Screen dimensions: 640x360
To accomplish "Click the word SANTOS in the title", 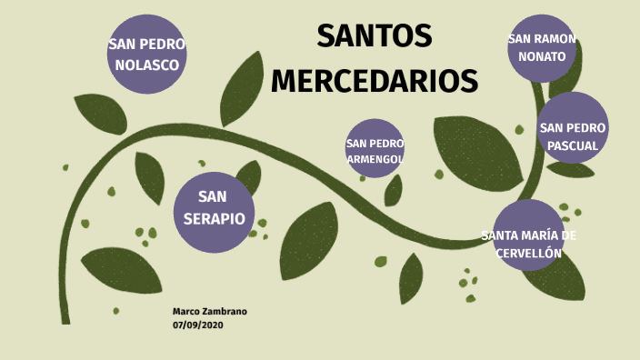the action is click(x=374, y=36).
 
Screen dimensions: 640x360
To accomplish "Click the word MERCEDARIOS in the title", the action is click(x=374, y=80).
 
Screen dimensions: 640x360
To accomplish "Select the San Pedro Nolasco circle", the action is click(x=147, y=54).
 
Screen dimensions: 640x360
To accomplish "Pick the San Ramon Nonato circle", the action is click(x=542, y=48).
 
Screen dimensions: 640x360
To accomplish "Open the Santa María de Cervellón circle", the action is click(x=528, y=235).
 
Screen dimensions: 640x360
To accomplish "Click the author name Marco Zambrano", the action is click(x=210, y=312).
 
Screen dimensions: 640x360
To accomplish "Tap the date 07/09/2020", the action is click(x=197, y=325).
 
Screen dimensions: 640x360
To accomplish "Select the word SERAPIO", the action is click(x=214, y=219).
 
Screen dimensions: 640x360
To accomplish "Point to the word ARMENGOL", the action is click(x=375, y=159).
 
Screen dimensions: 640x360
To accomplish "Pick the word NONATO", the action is click(x=542, y=56).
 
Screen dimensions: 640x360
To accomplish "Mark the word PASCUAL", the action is click(x=573, y=145).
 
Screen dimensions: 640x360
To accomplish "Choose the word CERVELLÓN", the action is click(x=528, y=254).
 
